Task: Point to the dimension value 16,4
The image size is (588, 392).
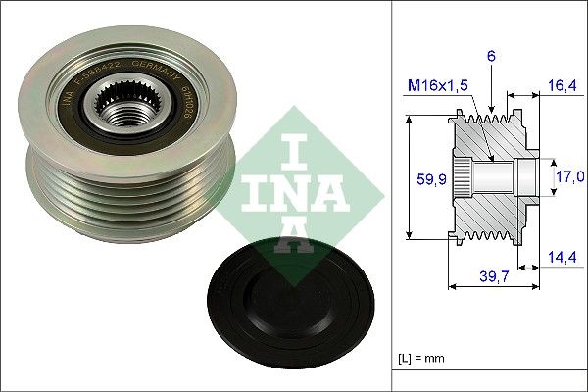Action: pyautogui.click(x=561, y=86)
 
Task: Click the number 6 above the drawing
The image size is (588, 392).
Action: pyautogui.click(x=491, y=56)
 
